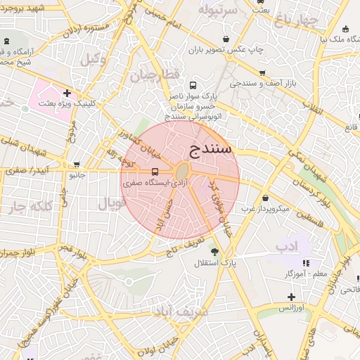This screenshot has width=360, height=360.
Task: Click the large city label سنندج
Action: point(211,148)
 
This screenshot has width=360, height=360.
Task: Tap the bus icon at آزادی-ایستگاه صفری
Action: point(155,171)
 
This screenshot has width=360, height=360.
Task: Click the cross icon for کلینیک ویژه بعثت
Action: point(67,93)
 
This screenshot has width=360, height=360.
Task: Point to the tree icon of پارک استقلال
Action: point(214,252)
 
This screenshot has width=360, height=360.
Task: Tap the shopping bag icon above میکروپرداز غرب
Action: point(265,198)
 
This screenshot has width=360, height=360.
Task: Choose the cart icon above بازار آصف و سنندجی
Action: point(262,73)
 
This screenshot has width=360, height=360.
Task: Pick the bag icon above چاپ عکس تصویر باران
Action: point(225,39)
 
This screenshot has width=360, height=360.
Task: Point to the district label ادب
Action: point(288,247)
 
